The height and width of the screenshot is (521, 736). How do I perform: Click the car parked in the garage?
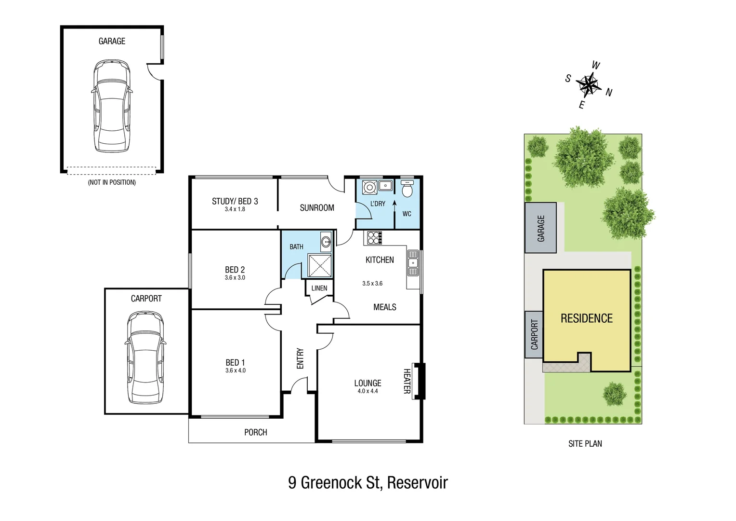tap(112, 106)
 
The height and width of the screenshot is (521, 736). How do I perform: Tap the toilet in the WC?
tap(407, 189)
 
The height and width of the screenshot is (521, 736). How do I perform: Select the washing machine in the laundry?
tap(369, 187)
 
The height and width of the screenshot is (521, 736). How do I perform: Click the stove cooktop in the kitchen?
tap(375, 238)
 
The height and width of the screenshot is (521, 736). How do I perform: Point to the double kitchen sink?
tap(413, 263)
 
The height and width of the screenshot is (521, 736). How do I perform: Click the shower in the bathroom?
tap(320, 266)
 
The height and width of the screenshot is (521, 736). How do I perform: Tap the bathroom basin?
tap(326, 242)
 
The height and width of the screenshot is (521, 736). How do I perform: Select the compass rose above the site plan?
tap(589, 85)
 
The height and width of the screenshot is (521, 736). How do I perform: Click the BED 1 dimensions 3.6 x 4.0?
tap(235, 370)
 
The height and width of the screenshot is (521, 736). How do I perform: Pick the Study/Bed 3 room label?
tap(235, 201)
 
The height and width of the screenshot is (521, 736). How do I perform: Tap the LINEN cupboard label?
tap(319, 288)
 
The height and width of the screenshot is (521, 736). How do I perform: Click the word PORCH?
tap(255, 432)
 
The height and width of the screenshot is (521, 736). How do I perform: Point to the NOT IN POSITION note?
tap(112, 182)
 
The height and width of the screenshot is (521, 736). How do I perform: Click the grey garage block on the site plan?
tap(540, 228)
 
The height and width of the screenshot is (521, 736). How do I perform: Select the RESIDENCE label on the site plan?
tap(586, 318)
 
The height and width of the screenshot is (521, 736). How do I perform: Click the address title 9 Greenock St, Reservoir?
tap(368, 482)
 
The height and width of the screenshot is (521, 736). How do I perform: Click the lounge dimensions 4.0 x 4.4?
tap(368, 391)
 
